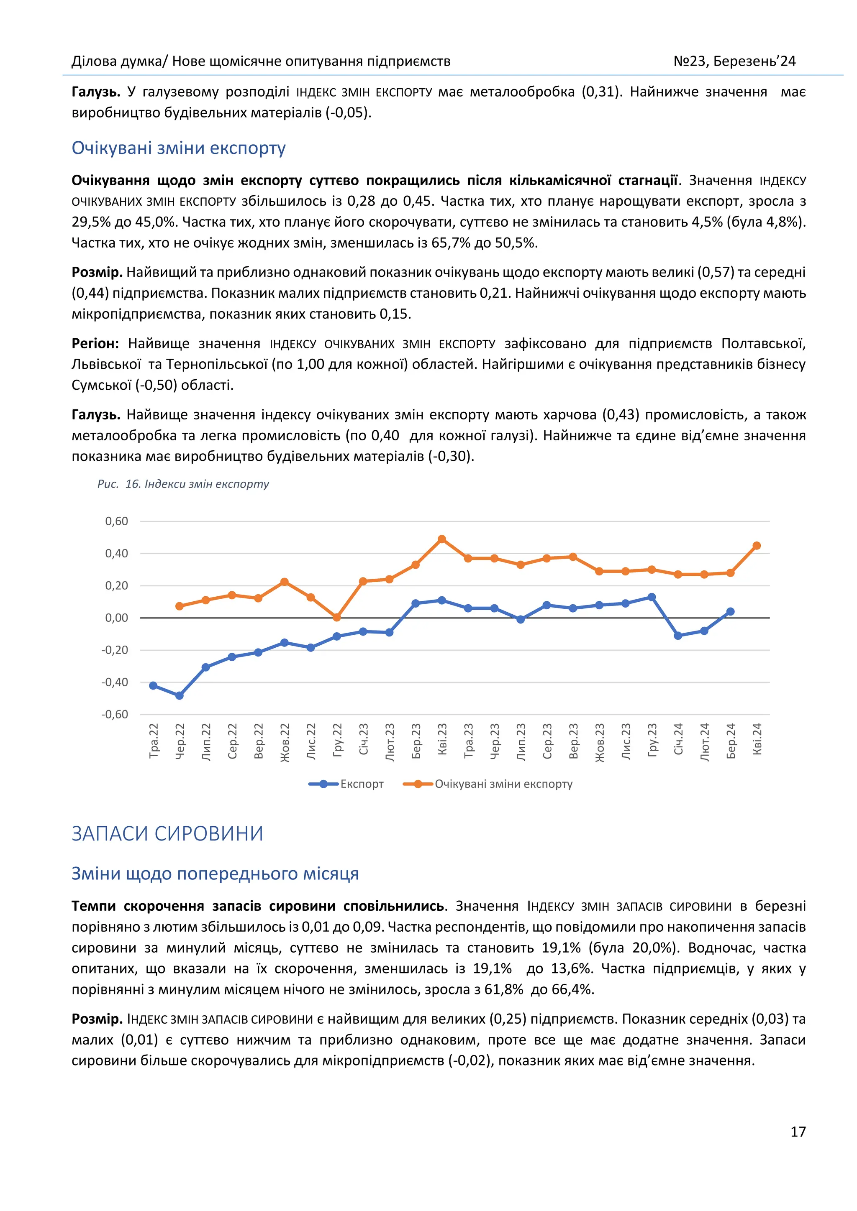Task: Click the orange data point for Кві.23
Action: [x=442, y=539]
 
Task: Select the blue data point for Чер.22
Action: [x=180, y=696]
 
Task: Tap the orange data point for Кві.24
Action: [x=756, y=545]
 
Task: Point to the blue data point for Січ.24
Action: [x=677, y=636]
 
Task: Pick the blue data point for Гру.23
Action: [x=651, y=597]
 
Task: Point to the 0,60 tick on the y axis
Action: [x=117, y=521]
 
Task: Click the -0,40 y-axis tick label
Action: [x=115, y=682]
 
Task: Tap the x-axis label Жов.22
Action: [x=285, y=742]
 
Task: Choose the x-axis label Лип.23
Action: [x=521, y=742]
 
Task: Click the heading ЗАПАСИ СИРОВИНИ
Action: [x=167, y=834]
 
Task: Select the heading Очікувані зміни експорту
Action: [x=178, y=148]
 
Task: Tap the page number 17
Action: [x=797, y=1132]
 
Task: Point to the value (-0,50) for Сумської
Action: [x=156, y=385]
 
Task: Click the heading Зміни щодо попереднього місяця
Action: [x=215, y=874]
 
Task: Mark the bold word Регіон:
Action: [x=95, y=343]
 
